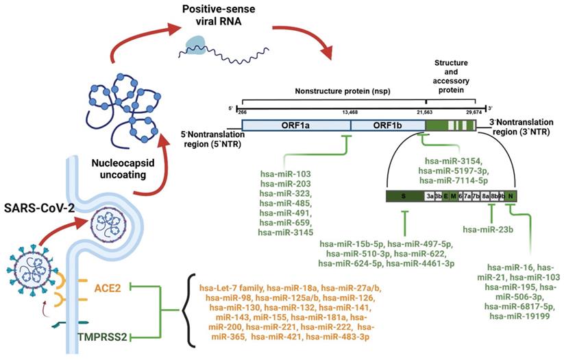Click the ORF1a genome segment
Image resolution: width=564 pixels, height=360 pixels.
(x=296, y=125)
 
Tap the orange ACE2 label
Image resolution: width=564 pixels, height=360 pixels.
(x=106, y=287)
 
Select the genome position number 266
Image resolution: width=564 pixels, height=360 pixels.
(x=242, y=111)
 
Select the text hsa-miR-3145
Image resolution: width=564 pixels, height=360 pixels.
(x=286, y=233)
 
